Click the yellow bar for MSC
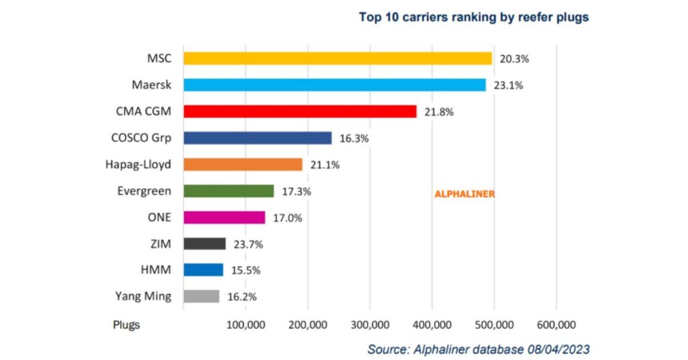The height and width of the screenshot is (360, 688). pos(337,58)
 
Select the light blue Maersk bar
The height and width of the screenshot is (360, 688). pos(334,85)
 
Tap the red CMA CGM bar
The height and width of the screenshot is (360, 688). pos(300,111)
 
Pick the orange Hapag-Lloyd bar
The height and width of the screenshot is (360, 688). pos(243,165)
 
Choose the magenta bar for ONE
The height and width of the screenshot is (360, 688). pos(224,218)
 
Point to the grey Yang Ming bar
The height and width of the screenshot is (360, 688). pos(201,296)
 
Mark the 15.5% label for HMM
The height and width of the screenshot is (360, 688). pos(245,271)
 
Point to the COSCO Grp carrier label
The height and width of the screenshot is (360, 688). pos(141,138)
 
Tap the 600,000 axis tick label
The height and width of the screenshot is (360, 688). pos(557,326)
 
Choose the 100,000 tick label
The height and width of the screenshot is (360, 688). pos(246,326)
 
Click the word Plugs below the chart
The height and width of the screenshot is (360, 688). pos(126,326)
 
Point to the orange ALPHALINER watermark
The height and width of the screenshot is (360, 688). pos(465,194)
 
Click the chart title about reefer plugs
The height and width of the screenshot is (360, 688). pos(474,17)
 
